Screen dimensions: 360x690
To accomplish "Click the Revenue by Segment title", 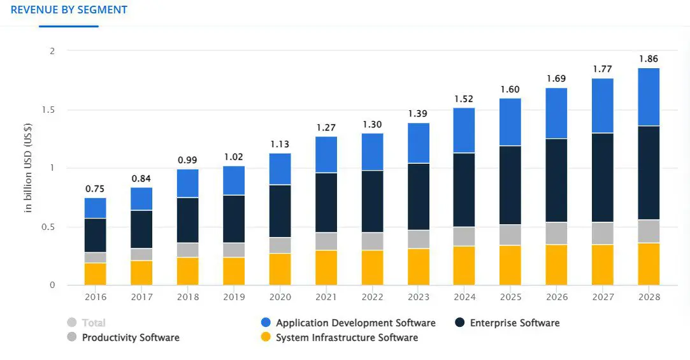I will tap(69, 10).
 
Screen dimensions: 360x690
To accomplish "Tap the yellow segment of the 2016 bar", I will tap(95, 274).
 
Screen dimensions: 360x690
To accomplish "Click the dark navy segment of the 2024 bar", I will tap(464, 190).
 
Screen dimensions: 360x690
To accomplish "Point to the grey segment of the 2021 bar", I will tap(326, 241).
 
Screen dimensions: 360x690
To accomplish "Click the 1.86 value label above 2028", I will tap(649, 59).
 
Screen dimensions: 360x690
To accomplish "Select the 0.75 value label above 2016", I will tap(95, 189).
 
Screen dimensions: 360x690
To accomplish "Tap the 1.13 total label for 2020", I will tap(280, 143).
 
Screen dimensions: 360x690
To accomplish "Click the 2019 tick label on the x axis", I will tap(234, 297).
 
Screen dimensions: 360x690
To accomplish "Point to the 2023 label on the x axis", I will tap(419, 297).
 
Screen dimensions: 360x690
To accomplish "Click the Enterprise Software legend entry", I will tap(514, 323).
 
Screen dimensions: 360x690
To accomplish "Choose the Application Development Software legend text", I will tap(356, 323).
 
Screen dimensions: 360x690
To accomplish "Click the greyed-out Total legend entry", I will tap(93, 323).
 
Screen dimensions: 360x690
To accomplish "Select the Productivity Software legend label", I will tap(131, 338).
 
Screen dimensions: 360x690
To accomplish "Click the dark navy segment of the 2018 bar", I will tap(187, 220).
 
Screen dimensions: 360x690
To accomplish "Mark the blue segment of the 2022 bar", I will tap(372, 152).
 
